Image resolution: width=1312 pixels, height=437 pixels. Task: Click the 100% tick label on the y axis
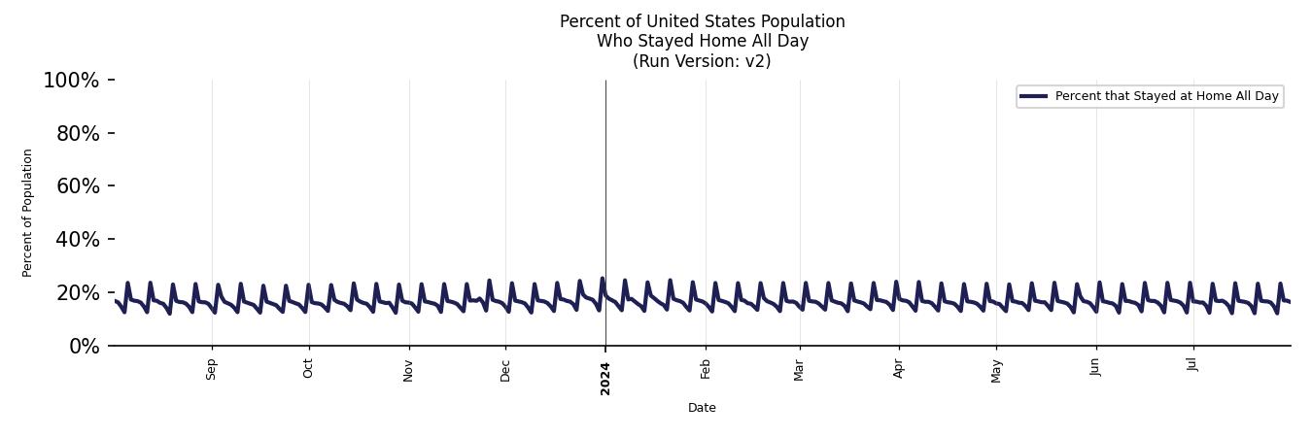coord(71,81)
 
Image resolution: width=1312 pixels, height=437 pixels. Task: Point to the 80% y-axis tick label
coord(78,134)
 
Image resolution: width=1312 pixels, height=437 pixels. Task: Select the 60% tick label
coord(78,186)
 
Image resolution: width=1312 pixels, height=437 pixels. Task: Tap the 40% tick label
coord(78,240)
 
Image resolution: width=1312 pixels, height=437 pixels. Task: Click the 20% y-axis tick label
coord(78,293)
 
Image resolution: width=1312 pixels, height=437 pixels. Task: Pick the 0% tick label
coord(85,347)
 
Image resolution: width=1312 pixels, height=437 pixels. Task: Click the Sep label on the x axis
coord(212,370)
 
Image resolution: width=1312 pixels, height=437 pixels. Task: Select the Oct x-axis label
coord(308,369)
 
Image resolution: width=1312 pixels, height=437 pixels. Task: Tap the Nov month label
coord(409,370)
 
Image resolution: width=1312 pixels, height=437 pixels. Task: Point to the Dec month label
coord(505,370)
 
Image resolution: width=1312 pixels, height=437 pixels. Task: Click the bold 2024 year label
coord(605,378)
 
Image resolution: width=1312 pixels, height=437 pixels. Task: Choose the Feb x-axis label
coord(706,369)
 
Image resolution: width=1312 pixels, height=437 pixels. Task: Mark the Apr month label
coord(899,369)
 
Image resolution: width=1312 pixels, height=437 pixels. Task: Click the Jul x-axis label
coord(1192,364)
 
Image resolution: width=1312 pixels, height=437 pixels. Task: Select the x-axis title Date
coord(702,408)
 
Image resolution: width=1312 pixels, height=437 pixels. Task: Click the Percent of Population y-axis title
coord(28,213)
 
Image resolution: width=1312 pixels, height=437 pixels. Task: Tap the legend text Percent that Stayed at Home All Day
coord(1166,96)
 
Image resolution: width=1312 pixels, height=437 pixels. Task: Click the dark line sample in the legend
coord(1033,96)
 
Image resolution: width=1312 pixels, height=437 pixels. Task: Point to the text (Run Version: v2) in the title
coord(702,61)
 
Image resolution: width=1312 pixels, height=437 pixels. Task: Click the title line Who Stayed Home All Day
coord(702,41)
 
